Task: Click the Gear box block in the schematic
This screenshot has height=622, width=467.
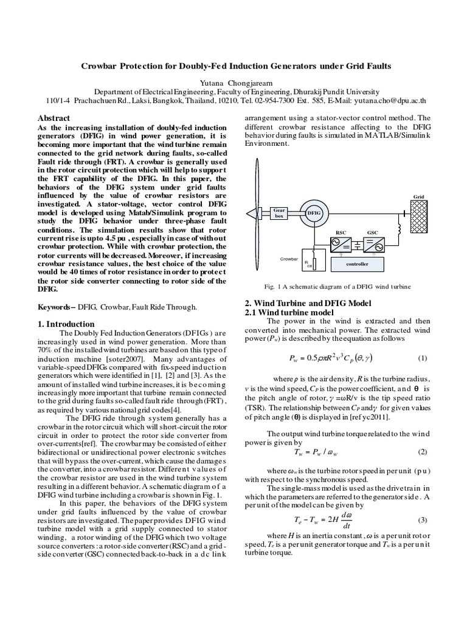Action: coord(279,213)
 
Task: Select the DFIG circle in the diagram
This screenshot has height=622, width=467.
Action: coord(314,213)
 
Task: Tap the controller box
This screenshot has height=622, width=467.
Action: coord(357,264)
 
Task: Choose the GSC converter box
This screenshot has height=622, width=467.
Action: coord(373,244)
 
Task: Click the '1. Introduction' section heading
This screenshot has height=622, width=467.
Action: coord(66,324)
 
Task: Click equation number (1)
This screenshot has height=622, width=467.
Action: coord(423,358)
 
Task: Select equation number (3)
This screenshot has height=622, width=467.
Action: coord(423,521)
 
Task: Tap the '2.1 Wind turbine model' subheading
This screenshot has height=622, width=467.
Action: coord(283,312)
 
